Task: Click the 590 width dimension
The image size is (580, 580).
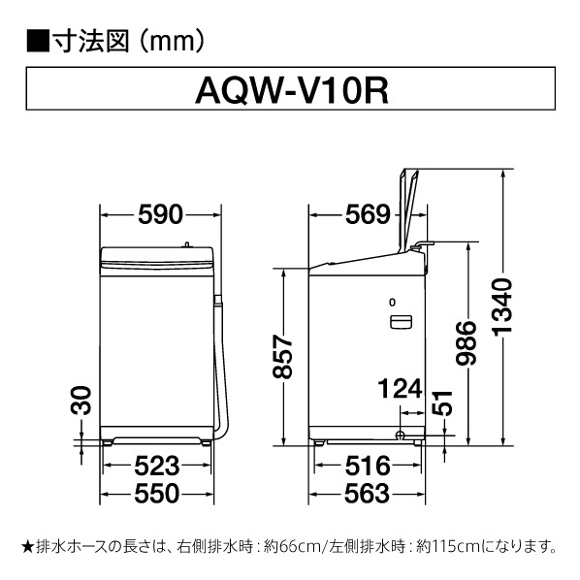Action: (x=161, y=214)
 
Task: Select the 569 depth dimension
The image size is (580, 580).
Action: (x=368, y=214)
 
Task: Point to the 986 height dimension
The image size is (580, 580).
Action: (x=467, y=343)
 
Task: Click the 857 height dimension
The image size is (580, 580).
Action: (x=282, y=357)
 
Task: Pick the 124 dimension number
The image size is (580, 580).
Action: (x=400, y=389)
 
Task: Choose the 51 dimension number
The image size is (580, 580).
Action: (x=442, y=403)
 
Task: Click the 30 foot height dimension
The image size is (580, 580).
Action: (x=81, y=401)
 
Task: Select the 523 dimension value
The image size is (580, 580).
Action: (x=157, y=467)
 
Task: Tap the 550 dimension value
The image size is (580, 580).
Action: (x=157, y=494)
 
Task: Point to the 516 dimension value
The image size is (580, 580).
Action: (x=368, y=467)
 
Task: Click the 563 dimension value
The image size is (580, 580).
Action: (x=367, y=494)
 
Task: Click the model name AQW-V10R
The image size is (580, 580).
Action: (x=292, y=92)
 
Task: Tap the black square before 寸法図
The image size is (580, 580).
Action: (x=38, y=41)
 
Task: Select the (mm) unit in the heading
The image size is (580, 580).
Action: (x=173, y=41)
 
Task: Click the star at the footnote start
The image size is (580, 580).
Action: (x=28, y=546)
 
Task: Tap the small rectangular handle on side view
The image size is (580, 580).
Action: (x=401, y=322)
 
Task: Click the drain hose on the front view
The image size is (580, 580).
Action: (x=221, y=367)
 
